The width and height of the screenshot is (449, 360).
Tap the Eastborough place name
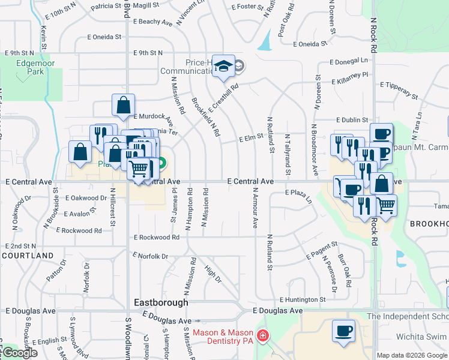[x=161, y=302]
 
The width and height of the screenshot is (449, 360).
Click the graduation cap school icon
[x=224, y=67]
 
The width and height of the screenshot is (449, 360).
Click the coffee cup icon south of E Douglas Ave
[x=343, y=331]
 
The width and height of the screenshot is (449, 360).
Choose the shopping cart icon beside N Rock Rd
[x=386, y=206]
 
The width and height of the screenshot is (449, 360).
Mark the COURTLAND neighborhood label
[x=28, y=256]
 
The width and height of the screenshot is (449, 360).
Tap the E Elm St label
[x=252, y=139]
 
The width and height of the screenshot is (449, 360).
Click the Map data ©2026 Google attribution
[x=412, y=355]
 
